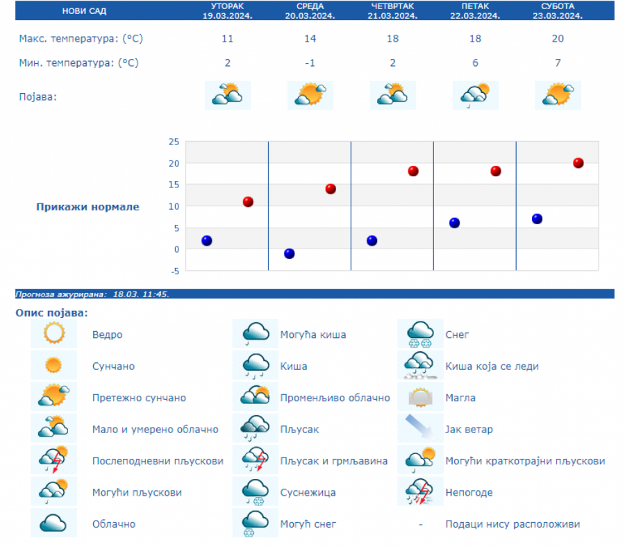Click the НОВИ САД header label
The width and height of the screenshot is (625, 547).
point(79,11)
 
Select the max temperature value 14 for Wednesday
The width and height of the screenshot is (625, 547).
point(310,39)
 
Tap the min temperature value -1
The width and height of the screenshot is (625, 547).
point(310,63)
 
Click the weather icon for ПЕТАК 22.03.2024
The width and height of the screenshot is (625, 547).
point(476,95)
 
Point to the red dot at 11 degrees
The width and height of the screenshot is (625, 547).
point(248,202)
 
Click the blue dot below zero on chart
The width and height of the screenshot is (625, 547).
point(290,253)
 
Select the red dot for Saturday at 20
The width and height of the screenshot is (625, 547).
point(578,163)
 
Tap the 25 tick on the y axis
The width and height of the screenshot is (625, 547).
point(174,142)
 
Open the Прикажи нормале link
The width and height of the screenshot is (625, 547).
point(87,207)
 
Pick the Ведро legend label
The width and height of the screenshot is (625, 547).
point(107,335)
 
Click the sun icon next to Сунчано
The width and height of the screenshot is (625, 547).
point(53,366)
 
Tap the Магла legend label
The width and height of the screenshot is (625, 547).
point(460,398)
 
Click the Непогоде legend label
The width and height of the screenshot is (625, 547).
point(469,493)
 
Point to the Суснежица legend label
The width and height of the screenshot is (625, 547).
point(308,493)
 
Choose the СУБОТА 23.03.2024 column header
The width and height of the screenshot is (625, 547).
point(558,10)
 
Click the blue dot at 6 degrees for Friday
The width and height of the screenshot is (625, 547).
point(455,223)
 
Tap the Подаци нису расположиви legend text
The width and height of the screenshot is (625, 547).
point(512,525)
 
